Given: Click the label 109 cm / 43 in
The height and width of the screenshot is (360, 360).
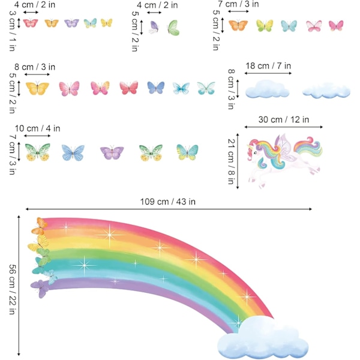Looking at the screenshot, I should tap(169, 201).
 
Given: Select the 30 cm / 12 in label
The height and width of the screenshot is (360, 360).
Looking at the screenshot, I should tap(283, 119).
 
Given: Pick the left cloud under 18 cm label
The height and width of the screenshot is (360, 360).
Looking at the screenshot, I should tap(268, 89).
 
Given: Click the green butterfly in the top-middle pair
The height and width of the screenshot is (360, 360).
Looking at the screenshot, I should tap(173, 26).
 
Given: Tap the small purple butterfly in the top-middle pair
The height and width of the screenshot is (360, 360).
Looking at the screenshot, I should tap(154, 26).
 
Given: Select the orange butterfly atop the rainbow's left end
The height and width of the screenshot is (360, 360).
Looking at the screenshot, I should tap(41, 226).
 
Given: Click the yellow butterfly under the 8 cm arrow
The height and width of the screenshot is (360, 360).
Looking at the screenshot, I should tap(38, 88).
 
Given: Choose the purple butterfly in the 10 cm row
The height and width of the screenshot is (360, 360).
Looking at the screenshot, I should tap(112, 152).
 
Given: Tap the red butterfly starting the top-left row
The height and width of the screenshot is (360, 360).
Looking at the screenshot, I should tap(30, 23).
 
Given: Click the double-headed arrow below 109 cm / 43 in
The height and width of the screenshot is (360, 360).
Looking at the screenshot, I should tap(169, 209).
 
